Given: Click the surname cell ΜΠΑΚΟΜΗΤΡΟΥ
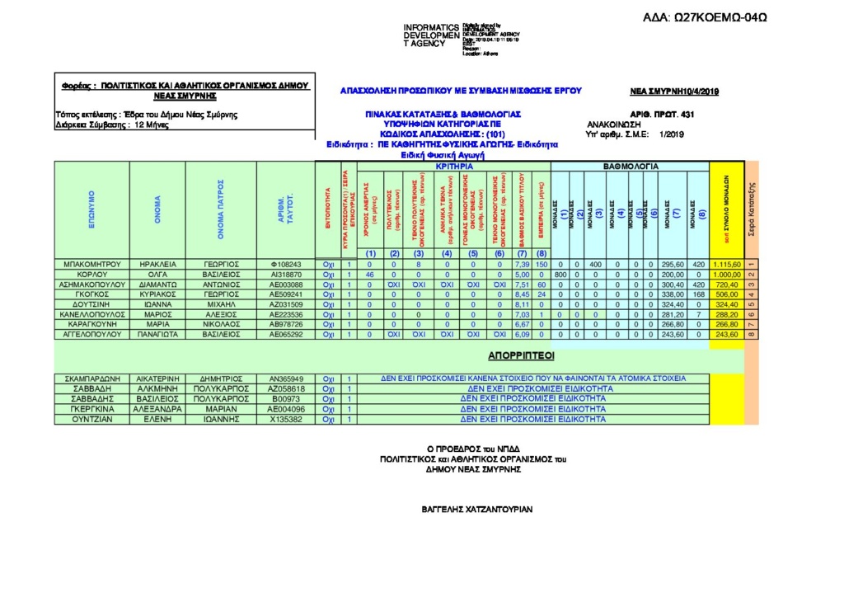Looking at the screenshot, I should click(x=91, y=265).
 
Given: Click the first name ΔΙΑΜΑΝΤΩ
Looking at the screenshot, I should click(x=157, y=284).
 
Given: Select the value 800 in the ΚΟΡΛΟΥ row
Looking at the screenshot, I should click(x=561, y=275).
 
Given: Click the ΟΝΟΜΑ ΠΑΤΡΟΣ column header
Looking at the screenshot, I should click(x=221, y=210).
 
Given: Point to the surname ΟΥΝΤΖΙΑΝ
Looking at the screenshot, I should click(x=91, y=419).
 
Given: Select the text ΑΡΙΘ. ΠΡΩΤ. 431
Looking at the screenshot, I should click(x=662, y=114).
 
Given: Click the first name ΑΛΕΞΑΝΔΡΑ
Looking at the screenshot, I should click(x=157, y=409).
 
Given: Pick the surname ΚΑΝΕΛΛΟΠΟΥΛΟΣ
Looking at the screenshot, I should click(x=91, y=314).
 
